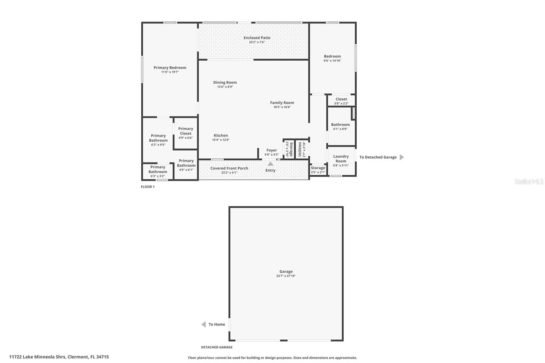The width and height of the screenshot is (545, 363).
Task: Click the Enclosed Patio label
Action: tap(257, 38)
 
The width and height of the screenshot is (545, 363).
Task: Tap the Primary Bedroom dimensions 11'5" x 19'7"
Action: tap(170, 72)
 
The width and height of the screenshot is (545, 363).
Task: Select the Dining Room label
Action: tap(225, 82)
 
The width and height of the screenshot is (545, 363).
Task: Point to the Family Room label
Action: tap(282, 102)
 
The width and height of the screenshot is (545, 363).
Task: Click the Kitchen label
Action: tap(221, 135)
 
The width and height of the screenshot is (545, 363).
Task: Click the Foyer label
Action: tap(271, 150)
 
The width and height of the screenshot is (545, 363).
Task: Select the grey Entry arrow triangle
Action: tap(270, 164)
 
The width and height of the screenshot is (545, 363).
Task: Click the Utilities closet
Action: tap(302, 149)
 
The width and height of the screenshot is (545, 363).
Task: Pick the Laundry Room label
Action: tap(341, 159)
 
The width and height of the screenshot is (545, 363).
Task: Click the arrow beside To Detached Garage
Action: tap(402, 157)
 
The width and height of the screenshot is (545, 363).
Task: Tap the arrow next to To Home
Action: tap(204, 324)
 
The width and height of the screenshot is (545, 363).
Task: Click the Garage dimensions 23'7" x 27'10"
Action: tap(286, 276)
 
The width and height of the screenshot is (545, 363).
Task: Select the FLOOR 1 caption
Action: tap(147, 187)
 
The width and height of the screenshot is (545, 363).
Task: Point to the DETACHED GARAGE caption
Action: tap(217, 347)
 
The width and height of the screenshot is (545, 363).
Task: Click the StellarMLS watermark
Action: tap(529, 181)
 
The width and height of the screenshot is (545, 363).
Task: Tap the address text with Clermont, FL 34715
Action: tap(59, 357)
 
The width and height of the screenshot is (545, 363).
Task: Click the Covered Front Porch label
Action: tap(229, 168)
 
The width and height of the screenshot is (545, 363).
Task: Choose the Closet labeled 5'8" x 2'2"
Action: tap(341, 101)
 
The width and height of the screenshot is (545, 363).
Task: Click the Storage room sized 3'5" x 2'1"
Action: tap(318, 170)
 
